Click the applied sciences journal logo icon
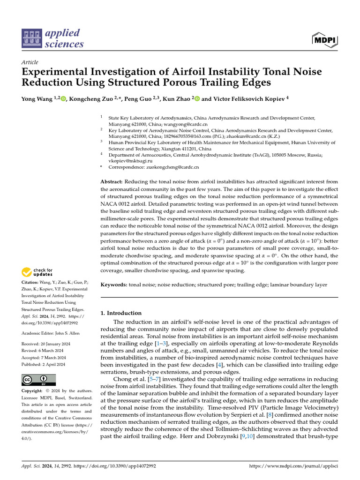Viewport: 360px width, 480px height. click(32, 39)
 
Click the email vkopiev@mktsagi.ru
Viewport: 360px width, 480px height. click(127, 161)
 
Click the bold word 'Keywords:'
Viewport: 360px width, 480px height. click(114, 285)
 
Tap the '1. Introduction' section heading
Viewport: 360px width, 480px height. click(121, 313)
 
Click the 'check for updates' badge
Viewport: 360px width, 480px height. click(37, 272)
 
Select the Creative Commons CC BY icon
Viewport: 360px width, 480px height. click(38, 379)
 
